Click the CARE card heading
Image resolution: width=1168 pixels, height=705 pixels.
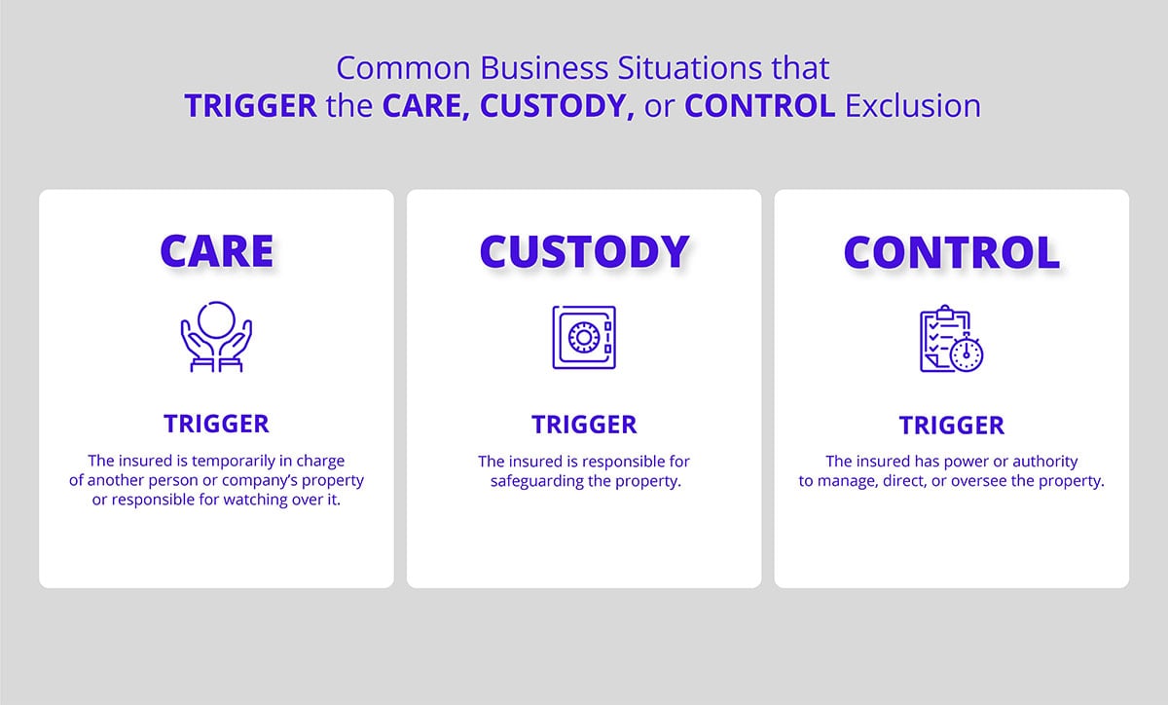(x=216, y=251)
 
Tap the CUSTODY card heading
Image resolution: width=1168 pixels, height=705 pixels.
(x=584, y=251)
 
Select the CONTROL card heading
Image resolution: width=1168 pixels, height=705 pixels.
(x=951, y=251)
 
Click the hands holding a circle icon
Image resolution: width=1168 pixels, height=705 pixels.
(x=216, y=337)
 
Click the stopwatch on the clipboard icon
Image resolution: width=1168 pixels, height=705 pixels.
(x=967, y=354)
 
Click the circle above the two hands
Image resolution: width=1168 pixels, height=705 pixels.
(x=216, y=320)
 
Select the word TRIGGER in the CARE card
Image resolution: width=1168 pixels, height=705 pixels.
(x=216, y=424)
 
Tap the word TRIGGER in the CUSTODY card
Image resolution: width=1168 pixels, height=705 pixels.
(x=584, y=425)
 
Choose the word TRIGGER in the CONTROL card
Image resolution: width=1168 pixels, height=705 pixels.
(x=951, y=425)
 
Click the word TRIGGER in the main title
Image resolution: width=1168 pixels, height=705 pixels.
(x=250, y=105)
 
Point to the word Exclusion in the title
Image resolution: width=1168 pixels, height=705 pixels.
(x=913, y=105)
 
